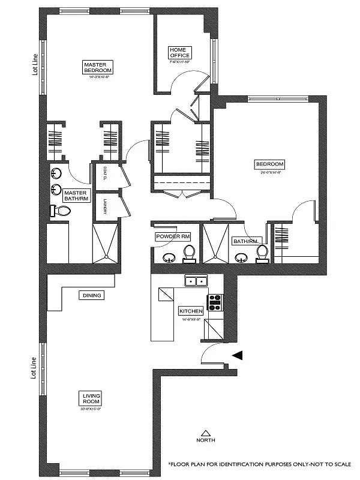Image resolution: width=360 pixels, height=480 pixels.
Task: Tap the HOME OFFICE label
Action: pyautogui.click(x=179, y=53)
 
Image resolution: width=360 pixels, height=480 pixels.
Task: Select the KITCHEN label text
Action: pyautogui.click(x=191, y=311)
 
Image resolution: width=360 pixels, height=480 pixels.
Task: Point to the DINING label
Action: pyautogui.click(x=91, y=295)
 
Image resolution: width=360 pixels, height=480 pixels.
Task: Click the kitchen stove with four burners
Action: pyautogui.click(x=214, y=302)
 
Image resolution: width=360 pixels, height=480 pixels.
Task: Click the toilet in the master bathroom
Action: pyautogui.click(x=61, y=211)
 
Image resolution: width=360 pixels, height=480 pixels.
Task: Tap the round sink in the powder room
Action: pyautogui.click(x=167, y=259)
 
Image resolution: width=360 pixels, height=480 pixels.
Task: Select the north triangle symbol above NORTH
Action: pyautogui.click(x=206, y=432)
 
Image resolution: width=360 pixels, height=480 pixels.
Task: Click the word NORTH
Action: pyautogui.click(x=206, y=440)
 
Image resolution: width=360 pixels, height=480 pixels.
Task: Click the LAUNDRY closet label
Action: pyautogui.click(x=105, y=207)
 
